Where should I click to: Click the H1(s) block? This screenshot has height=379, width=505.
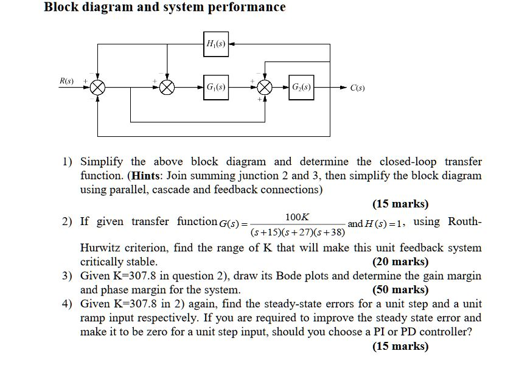click(x=216, y=44)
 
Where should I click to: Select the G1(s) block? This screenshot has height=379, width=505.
click(x=216, y=87)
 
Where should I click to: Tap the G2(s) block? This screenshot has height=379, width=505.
click(x=301, y=87)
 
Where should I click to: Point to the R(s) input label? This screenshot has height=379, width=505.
click(x=66, y=81)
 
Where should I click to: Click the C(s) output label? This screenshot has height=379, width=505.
click(x=358, y=88)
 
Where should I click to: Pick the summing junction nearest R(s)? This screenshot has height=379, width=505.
click(x=97, y=87)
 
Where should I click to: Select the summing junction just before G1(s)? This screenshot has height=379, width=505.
click(x=167, y=87)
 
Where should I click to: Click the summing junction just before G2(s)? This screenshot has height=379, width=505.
click(x=265, y=87)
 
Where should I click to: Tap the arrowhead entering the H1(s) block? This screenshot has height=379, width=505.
click(x=232, y=44)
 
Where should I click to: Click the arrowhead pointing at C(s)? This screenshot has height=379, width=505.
click(x=343, y=87)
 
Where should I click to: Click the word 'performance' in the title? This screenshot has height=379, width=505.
click(x=246, y=7)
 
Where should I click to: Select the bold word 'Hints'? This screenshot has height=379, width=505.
click(x=146, y=176)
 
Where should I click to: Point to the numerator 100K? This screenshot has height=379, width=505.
click(x=297, y=217)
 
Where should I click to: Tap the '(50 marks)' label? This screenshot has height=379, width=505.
click(x=400, y=290)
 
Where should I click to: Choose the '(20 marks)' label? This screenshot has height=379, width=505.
click(x=400, y=262)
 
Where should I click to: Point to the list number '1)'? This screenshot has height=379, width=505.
click(x=67, y=162)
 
